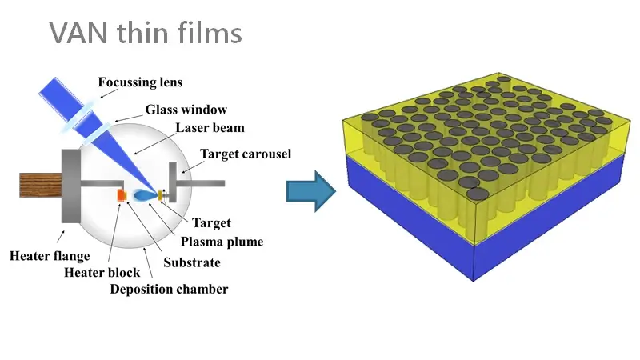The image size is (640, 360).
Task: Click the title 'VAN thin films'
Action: tap(146, 33)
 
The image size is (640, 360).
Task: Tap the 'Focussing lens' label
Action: tap(140, 82)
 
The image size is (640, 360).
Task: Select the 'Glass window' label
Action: tap(186, 110)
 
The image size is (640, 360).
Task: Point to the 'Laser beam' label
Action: tap(210, 128)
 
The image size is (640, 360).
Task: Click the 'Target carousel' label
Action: tap(246, 154)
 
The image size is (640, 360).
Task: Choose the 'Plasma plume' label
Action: tap(222, 242)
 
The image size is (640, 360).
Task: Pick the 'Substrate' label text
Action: tap(192, 262)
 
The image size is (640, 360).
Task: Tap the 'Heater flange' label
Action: tap(50, 256)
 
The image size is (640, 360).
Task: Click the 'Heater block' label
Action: tap(102, 272)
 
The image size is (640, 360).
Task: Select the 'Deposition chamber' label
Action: tap(169, 289)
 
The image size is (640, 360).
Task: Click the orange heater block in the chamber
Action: tap(122, 195)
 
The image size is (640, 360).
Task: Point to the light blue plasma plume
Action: tap(145, 195)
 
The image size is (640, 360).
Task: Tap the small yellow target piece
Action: tap(161, 195)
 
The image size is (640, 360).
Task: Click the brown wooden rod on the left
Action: tap(41, 185)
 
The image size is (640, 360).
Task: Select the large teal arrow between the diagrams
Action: tap(311, 191)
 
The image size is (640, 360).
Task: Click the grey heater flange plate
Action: tap(71, 186)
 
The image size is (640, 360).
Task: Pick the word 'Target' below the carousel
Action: tap(211, 223)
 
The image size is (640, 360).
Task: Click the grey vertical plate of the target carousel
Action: tap(173, 182)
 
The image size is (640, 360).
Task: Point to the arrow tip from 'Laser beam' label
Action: tap(134, 154)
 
